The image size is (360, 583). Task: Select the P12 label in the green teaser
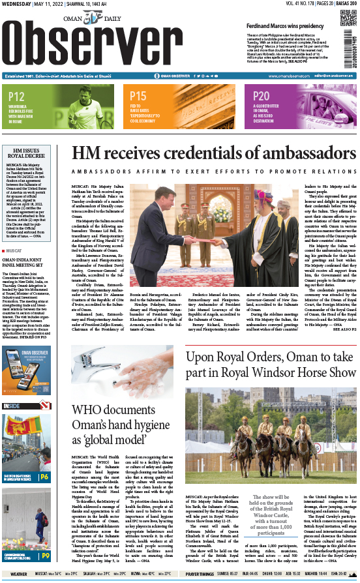[18, 97]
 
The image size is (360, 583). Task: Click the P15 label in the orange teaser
[138, 97]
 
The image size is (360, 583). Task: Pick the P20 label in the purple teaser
[261, 97]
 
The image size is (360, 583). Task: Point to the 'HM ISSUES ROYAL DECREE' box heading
[29, 154]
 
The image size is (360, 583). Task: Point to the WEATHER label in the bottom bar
[18, 575]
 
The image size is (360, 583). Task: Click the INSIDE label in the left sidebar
[11, 407]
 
